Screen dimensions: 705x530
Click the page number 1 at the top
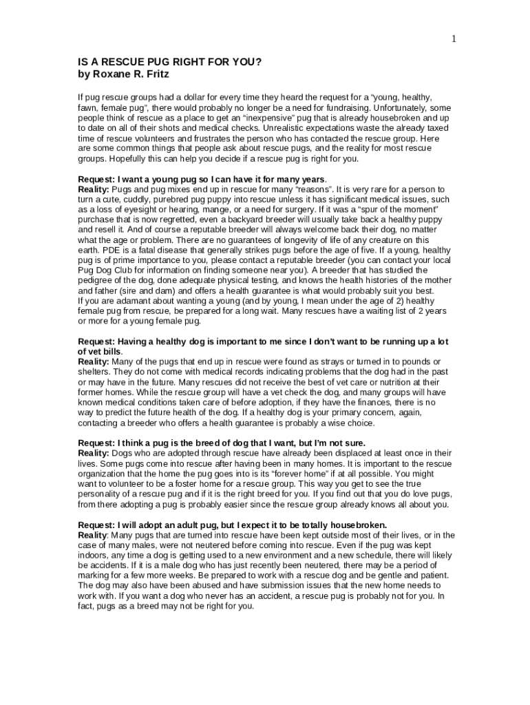pos(454,39)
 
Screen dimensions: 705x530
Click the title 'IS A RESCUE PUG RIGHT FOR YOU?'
pos(169,61)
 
